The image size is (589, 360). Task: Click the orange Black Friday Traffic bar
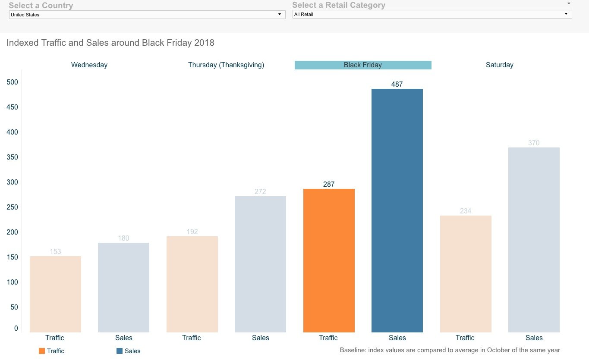pos(329,260)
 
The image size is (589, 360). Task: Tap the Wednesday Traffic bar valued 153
pos(55,294)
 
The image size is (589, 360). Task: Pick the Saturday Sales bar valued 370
pos(534,240)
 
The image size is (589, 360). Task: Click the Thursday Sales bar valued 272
pos(260,264)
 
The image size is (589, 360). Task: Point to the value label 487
pos(397,85)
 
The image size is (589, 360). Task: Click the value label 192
pos(192,232)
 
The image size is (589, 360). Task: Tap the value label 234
pos(465,211)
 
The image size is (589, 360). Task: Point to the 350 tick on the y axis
pos(13,157)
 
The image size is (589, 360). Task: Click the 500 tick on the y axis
pos(13,82)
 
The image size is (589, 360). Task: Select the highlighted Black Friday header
pos(363,65)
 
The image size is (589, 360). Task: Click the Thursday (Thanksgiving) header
pos(226,65)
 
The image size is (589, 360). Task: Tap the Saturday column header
pos(499,65)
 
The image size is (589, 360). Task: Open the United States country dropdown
pos(147,15)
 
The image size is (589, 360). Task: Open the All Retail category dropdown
pos(432,14)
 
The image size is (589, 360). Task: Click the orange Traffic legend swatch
pos(42,351)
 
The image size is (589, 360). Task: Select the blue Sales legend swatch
pos(120,351)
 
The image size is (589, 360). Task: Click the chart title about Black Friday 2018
pos(110,43)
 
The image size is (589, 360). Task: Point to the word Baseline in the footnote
pos(353,350)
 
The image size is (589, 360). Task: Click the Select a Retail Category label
pos(339,5)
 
